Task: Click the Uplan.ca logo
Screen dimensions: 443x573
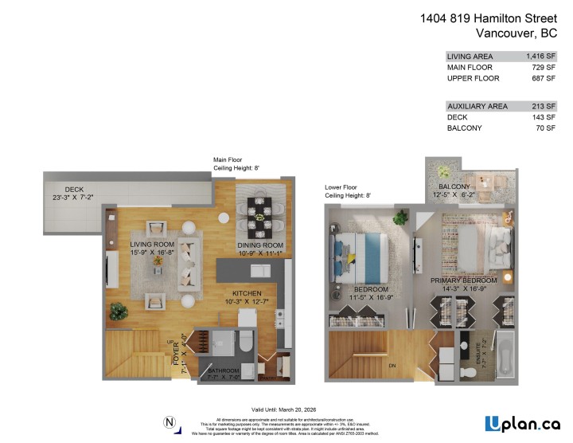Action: click(x=523, y=423)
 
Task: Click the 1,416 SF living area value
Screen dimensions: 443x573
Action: click(x=540, y=57)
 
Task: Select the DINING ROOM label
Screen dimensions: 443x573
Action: click(x=260, y=245)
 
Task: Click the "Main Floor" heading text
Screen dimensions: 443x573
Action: click(x=229, y=159)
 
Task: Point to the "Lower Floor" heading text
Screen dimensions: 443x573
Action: click(x=341, y=187)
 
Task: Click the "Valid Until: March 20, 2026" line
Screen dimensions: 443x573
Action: click(x=286, y=408)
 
